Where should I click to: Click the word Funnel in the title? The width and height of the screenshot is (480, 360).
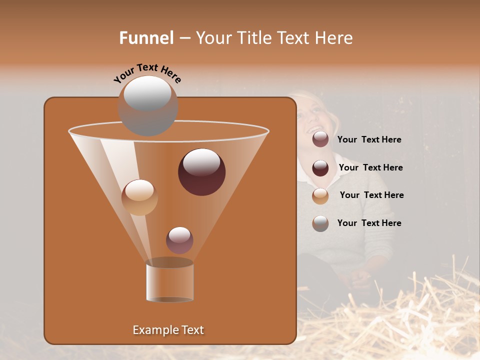point(146,38)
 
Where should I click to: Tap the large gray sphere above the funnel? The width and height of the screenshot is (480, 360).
point(148,105)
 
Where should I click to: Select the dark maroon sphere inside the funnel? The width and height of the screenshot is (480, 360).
point(201,172)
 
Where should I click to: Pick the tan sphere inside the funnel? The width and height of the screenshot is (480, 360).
point(140,197)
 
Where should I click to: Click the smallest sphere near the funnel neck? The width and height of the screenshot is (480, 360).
point(179,240)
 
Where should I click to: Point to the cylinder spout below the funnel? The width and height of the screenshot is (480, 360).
point(169,282)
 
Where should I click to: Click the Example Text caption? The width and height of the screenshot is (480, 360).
point(168,330)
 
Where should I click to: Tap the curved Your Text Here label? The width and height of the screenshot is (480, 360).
point(147,72)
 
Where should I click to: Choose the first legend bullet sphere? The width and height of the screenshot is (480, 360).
point(320,139)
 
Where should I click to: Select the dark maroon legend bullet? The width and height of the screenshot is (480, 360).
point(320,168)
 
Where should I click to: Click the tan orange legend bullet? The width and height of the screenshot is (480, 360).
point(320,196)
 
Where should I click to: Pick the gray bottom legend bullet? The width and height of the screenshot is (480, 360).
point(320,223)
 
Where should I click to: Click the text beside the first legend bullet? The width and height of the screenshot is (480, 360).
point(369,140)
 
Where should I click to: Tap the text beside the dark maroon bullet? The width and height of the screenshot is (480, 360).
point(370,168)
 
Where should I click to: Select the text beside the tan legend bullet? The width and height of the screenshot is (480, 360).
point(371,195)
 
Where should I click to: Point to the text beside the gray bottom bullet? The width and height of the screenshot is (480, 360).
point(369,223)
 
